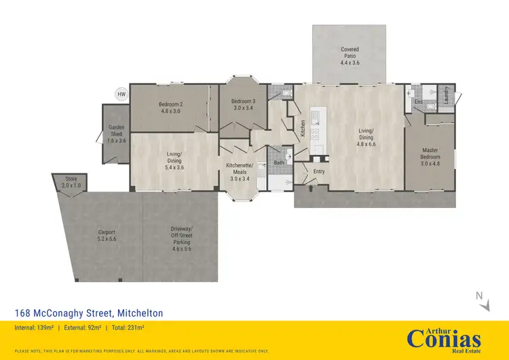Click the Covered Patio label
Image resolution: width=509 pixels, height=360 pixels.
[x=350, y=54]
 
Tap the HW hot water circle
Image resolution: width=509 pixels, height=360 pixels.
[x=122, y=94]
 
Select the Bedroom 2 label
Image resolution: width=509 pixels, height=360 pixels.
[x=171, y=108]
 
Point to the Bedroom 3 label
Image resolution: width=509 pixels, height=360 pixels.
[x=243, y=105]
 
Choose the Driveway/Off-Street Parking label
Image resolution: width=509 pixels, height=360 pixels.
[x=181, y=237]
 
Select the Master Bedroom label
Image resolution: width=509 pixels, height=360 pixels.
[x=431, y=157]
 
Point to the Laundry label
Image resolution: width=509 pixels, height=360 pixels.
[x=446, y=95]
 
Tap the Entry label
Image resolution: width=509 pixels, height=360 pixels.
[x=319, y=172]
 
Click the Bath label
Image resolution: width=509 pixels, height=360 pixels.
[x=279, y=163]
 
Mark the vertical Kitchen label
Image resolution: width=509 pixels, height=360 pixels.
[x=303, y=128]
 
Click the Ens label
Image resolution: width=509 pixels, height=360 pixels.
[x=419, y=101]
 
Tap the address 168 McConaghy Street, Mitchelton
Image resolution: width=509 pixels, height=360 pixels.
[x=89, y=313]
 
